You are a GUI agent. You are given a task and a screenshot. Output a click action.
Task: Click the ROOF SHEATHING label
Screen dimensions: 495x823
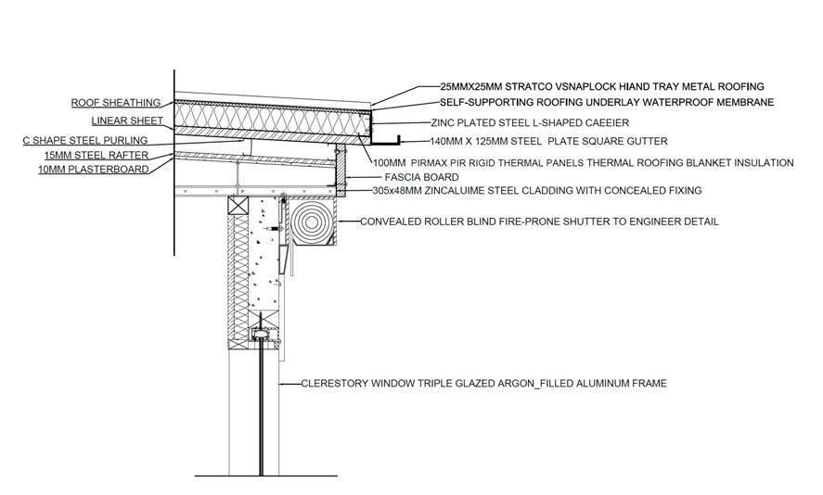tap(116, 103)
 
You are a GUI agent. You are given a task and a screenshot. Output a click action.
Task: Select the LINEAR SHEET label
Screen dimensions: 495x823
tap(126, 121)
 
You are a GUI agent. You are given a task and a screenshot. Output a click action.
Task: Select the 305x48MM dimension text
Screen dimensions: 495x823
tap(394, 191)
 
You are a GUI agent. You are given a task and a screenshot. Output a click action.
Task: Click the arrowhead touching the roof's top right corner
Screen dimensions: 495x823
tap(374, 103)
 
